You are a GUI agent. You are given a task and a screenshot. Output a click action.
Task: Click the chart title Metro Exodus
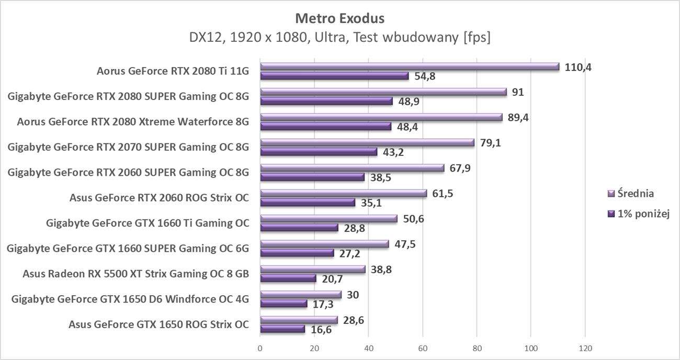[339, 18]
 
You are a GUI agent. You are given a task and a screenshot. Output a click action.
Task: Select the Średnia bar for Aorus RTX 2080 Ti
[410, 67]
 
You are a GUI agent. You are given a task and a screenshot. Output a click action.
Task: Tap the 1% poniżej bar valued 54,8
[334, 76]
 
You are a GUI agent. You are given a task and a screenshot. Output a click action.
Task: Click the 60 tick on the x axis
[423, 348]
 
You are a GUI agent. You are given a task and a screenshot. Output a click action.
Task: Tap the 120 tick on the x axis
[585, 348]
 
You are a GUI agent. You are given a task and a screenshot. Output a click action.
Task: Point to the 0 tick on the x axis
[260, 348]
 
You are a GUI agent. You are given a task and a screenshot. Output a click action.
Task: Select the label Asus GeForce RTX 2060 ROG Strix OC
[159, 198]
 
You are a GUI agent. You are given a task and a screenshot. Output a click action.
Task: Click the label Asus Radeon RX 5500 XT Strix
[136, 274]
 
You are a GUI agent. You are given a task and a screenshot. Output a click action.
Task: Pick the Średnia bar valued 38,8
[312, 269]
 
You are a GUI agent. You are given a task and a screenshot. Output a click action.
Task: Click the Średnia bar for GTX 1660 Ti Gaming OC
[328, 219]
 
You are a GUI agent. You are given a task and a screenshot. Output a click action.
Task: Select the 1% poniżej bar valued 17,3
[283, 303]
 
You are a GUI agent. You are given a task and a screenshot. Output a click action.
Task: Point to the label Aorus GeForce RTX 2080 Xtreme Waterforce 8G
[133, 122]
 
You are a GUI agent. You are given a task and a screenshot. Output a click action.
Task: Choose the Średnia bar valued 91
[383, 92]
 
